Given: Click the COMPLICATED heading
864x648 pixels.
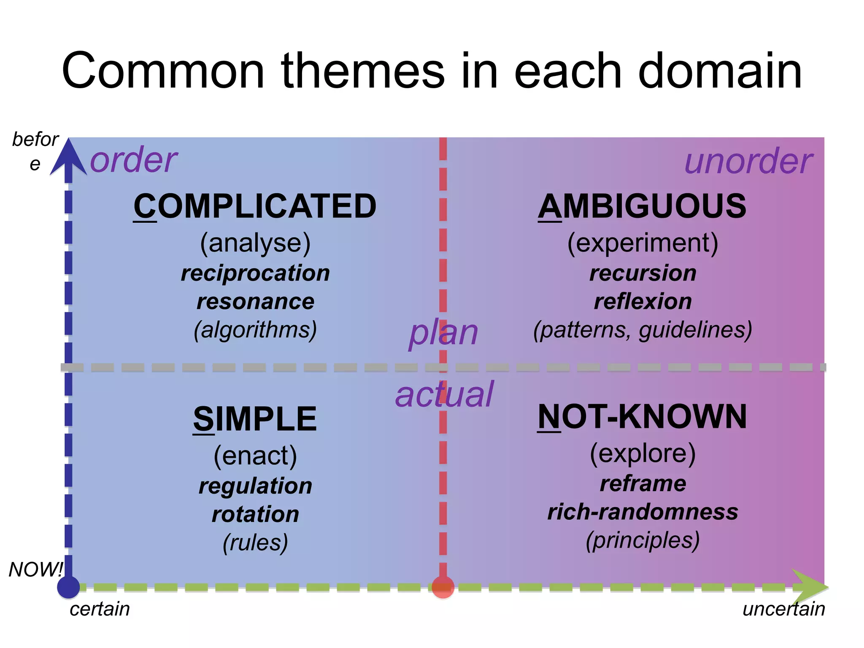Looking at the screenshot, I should tap(255, 206).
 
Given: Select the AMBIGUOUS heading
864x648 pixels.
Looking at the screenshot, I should tap(642, 206).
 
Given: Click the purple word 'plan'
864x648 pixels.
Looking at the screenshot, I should tap(443, 332).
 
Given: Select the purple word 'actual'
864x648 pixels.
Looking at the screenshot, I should tap(444, 394).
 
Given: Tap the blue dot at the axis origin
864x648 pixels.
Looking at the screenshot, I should tap(68, 587).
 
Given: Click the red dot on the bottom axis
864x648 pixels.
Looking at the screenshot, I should tap(443, 587).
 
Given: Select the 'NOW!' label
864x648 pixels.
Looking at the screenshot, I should tap(36, 570).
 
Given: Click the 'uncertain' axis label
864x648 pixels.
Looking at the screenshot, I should tap(783, 609).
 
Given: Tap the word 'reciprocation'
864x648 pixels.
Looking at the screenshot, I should tap(255, 273).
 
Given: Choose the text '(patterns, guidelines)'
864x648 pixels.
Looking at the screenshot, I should tap(642, 330).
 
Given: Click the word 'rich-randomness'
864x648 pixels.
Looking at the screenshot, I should tap(642, 512).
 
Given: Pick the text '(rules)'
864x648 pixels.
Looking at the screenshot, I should tap(255, 543).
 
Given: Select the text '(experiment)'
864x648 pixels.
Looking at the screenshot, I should tap(642, 243).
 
